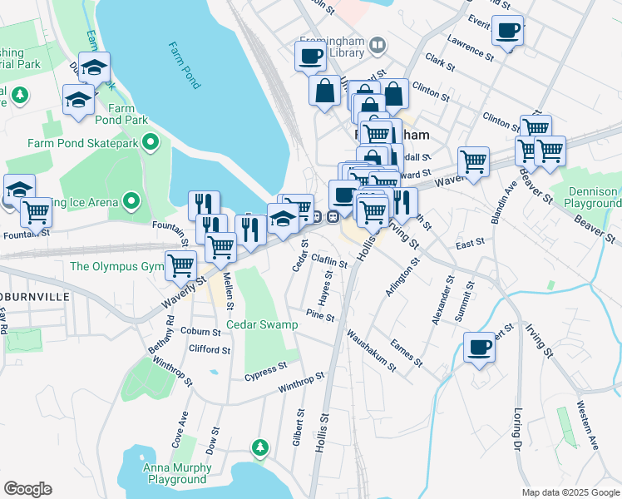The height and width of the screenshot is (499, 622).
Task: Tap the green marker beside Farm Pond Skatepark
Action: point(151,144)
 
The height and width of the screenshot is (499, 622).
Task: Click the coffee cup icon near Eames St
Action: point(479,347)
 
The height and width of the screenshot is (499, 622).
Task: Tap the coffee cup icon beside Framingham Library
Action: point(310,57)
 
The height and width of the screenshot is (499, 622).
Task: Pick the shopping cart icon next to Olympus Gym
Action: point(180,266)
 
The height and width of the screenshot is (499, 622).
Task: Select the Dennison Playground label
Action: point(593,197)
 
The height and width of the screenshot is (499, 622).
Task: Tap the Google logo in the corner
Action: point(28,489)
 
